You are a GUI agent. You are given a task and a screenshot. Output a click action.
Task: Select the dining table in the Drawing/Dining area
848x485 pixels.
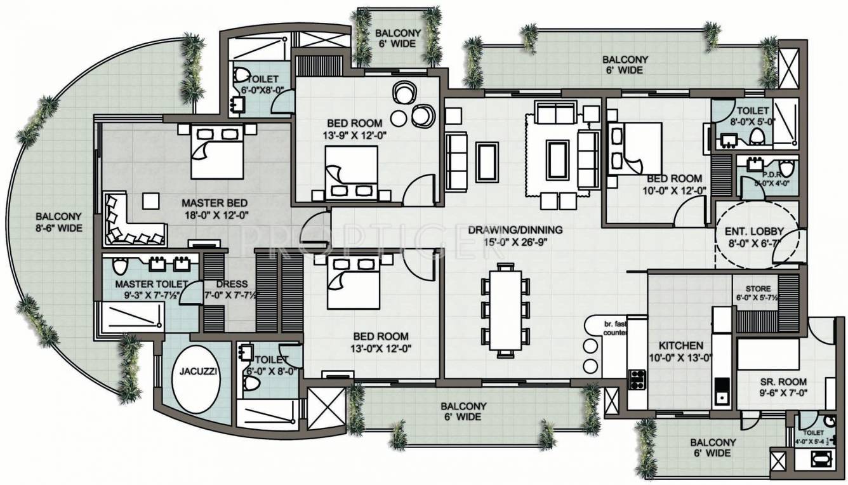point(505,309)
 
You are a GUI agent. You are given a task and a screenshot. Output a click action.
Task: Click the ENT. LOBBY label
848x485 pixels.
point(753,232)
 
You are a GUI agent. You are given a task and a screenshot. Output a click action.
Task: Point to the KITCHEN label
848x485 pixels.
point(680,346)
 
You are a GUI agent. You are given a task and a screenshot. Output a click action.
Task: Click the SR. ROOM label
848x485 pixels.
point(783,382)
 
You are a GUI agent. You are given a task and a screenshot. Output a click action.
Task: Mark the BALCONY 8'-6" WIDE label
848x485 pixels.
point(59,222)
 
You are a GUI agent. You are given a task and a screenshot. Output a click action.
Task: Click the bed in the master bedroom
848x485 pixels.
point(217,151)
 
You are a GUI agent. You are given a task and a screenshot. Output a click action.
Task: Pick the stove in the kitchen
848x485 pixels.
point(637,379)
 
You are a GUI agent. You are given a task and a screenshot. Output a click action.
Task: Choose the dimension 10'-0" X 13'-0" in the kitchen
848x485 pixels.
point(680,357)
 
